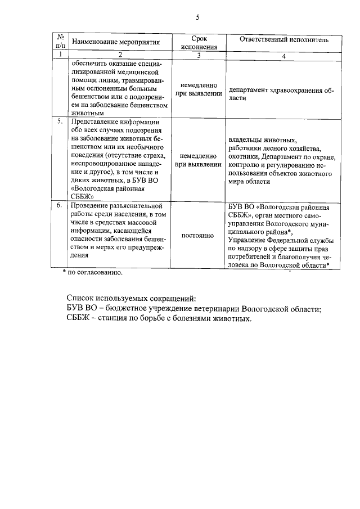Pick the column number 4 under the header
284,56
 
